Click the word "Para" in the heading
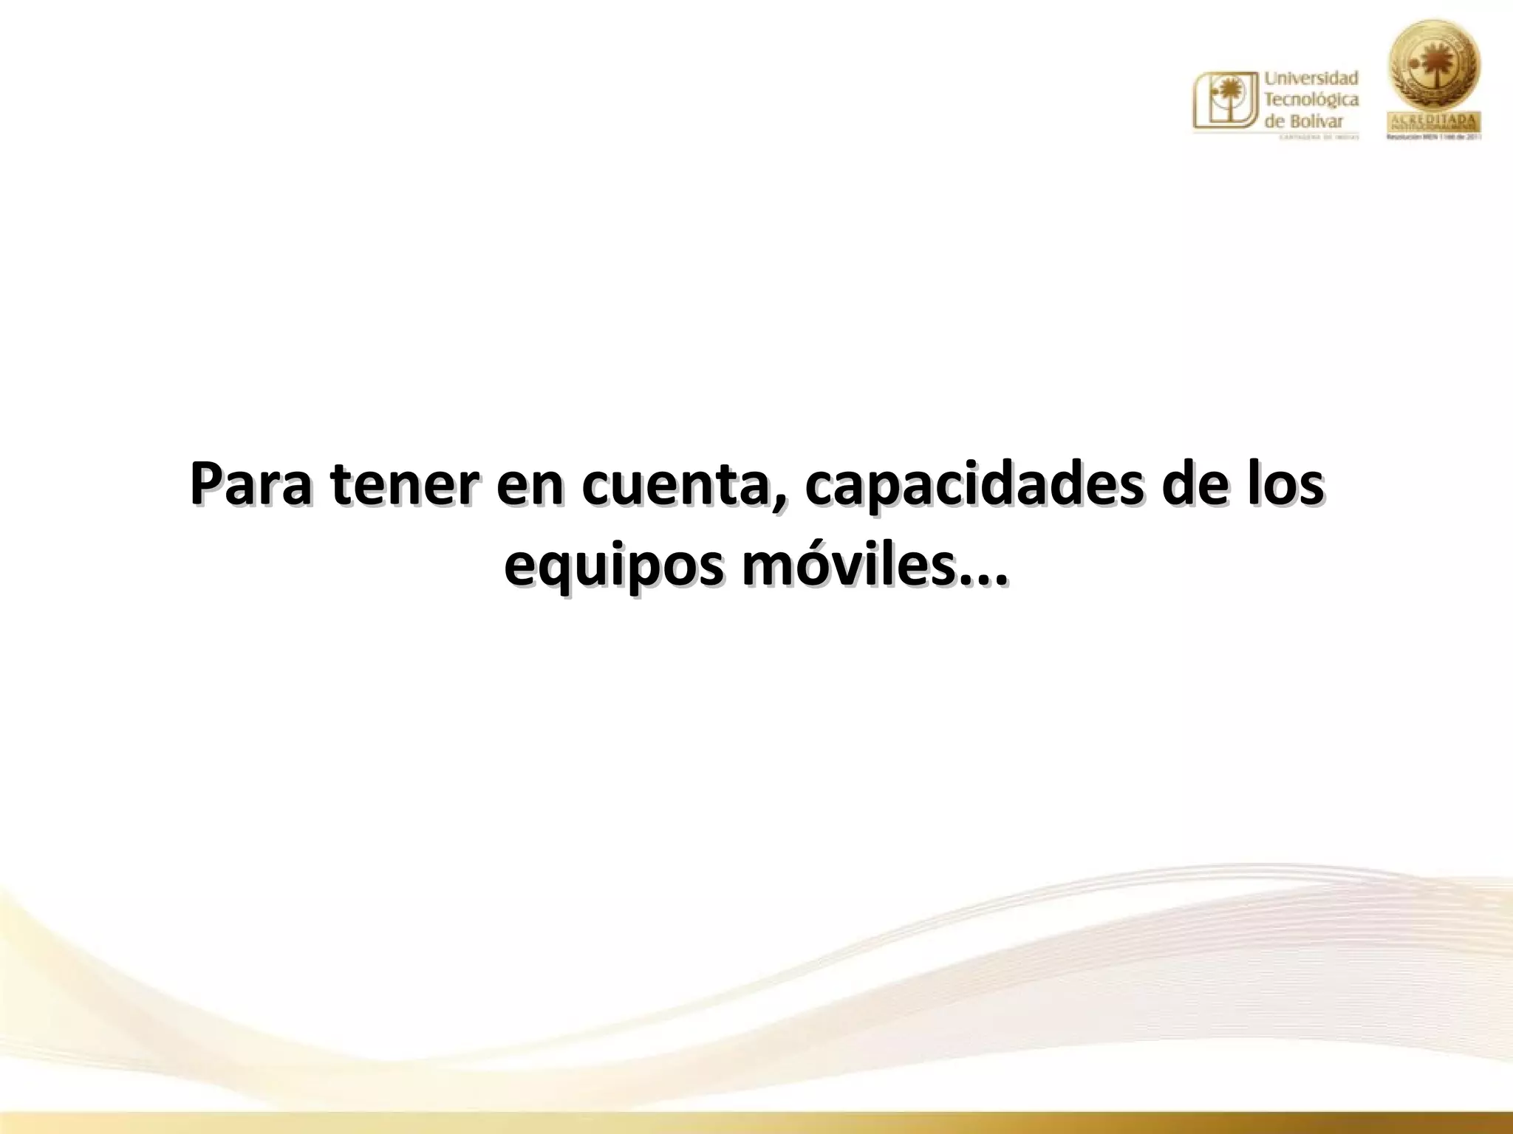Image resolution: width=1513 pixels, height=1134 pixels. click(251, 486)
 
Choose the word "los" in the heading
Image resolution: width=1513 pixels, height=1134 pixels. click(1287, 486)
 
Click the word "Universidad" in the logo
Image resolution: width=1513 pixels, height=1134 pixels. click(1311, 78)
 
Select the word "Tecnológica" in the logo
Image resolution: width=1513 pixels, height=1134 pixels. click(1311, 99)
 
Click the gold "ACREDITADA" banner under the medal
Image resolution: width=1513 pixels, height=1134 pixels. click(1435, 121)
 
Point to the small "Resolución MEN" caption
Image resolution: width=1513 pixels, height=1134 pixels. click(1435, 137)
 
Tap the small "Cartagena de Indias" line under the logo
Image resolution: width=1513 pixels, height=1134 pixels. click(1311, 137)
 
